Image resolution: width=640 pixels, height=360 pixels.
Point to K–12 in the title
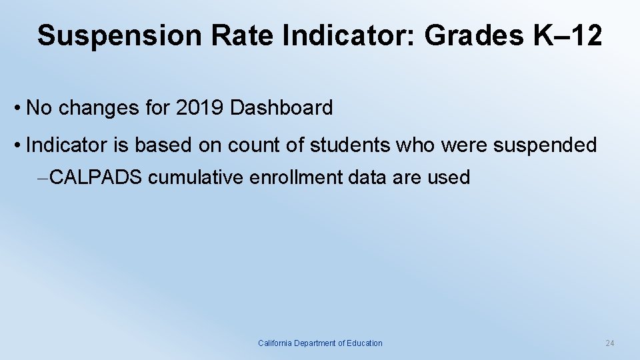click(x=568, y=35)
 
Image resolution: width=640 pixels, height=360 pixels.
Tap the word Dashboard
click(x=281, y=108)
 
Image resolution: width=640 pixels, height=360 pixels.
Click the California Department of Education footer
click(x=320, y=343)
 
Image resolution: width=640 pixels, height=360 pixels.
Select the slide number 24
click(x=609, y=343)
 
